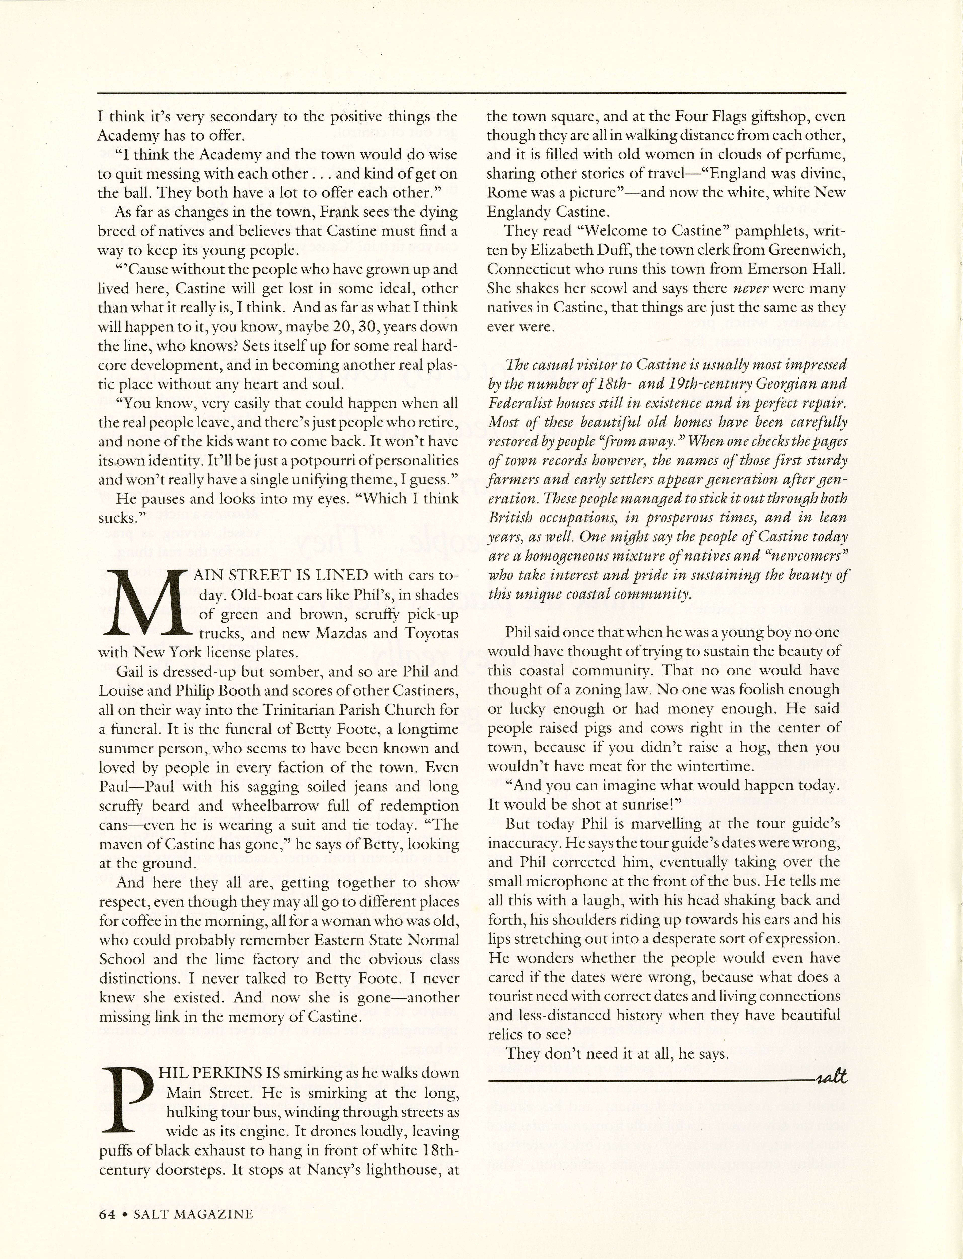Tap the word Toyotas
click(426, 633)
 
